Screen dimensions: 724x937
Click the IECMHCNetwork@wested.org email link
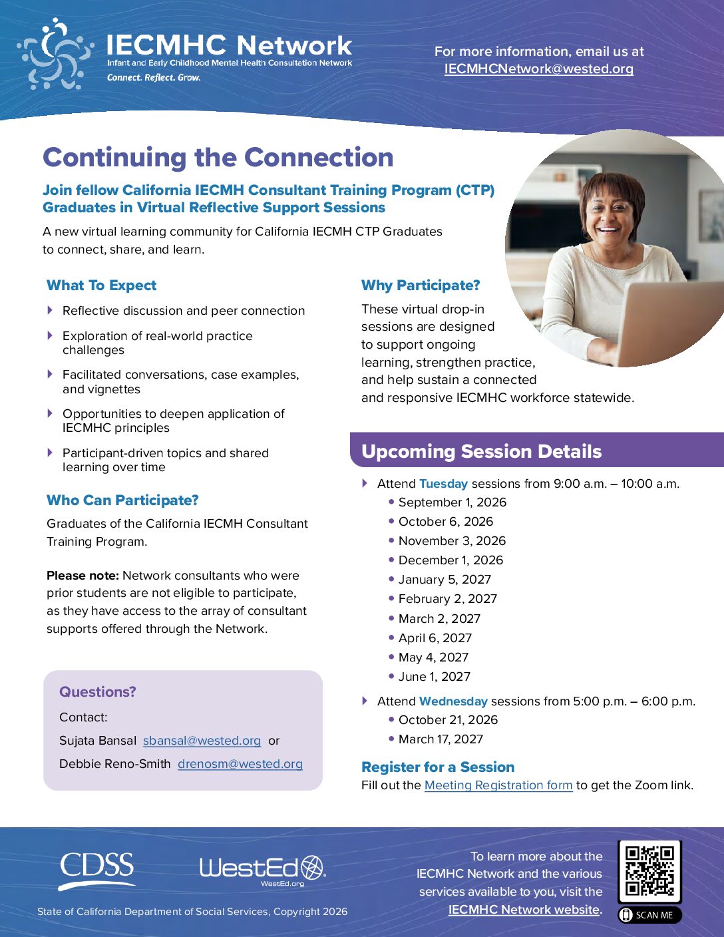539,69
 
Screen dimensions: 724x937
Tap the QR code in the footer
650,870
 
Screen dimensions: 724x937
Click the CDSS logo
97,870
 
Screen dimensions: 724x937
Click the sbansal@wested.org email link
202,741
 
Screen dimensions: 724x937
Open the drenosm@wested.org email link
240,764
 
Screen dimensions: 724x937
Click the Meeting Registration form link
498,785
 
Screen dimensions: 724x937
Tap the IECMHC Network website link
524,910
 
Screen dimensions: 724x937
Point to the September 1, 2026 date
452,502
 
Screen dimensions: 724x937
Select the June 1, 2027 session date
435,677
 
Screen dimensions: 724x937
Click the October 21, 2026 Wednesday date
448,719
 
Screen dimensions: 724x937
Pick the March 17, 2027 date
441,739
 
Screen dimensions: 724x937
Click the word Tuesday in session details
443,484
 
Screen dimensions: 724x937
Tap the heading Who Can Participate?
122,500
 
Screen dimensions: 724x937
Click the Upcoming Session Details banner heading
481,451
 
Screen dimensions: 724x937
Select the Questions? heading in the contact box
97,691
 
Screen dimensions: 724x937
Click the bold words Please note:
83,576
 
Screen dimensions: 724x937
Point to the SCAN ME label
650,915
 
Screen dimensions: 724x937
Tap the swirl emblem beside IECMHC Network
55,54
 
